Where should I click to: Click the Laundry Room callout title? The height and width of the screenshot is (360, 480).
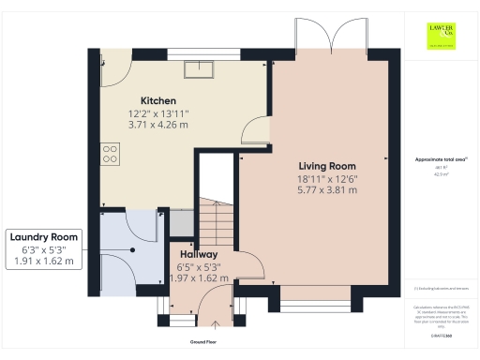click(45, 236)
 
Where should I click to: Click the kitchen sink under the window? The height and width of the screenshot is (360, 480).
click(200, 68)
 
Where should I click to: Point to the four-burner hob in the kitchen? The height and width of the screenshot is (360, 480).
click(109, 153)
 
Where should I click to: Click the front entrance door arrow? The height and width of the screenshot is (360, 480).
click(216, 325)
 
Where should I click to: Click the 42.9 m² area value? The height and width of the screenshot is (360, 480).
click(441, 174)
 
